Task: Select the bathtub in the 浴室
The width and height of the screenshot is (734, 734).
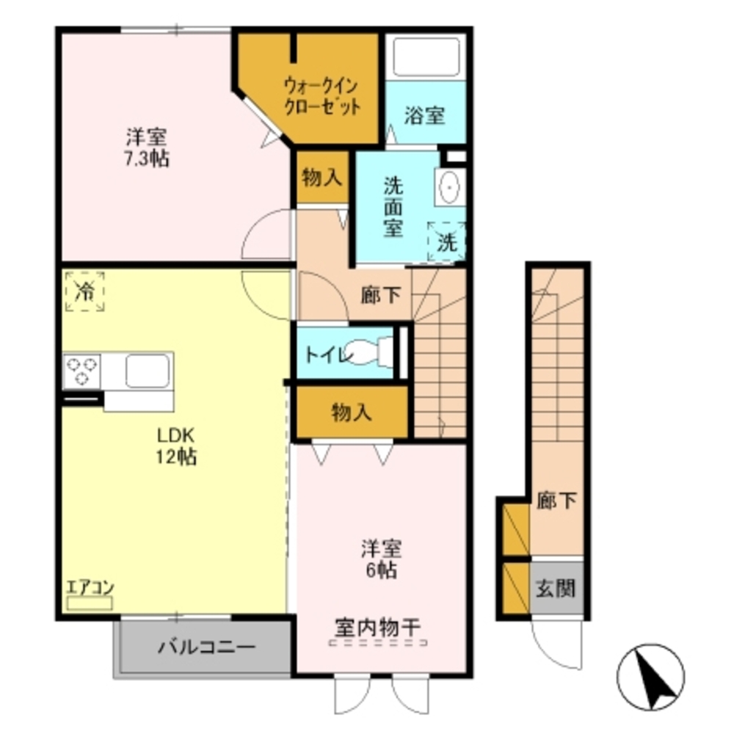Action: pyautogui.click(x=426, y=57)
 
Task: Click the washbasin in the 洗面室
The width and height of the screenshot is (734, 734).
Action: pyautogui.click(x=450, y=186)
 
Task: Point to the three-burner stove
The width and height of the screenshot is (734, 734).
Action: pyautogui.click(x=82, y=370)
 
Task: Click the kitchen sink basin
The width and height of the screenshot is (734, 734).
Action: pyautogui.click(x=148, y=371)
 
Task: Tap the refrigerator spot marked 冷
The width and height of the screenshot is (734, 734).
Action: pyautogui.click(x=84, y=291)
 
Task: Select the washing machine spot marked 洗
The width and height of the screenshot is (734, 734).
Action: pyautogui.click(x=446, y=241)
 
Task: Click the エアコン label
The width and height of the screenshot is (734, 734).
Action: pyautogui.click(x=90, y=587)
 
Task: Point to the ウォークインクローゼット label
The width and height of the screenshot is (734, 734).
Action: pyautogui.click(x=322, y=96)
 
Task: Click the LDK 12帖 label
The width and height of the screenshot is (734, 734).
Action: pyautogui.click(x=176, y=446)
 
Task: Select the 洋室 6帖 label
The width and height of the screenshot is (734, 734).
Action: pyautogui.click(x=381, y=560)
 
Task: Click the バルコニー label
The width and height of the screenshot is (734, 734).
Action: pyautogui.click(x=207, y=648)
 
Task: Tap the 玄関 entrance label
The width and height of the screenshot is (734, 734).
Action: pyautogui.click(x=556, y=589)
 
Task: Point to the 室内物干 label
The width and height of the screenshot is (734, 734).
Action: pyautogui.click(x=378, y=628)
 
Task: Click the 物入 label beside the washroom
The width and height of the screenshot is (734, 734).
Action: pyautogui.click(x=322, y=178)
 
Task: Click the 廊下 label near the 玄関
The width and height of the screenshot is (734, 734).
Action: pyautogui.click(x=556, y=501)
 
